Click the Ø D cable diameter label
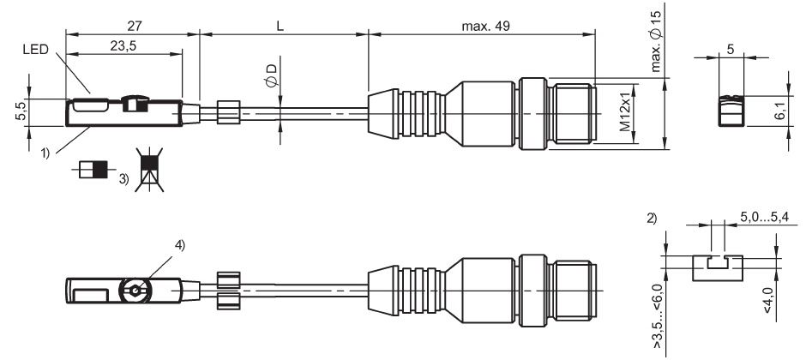click(270, 75)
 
